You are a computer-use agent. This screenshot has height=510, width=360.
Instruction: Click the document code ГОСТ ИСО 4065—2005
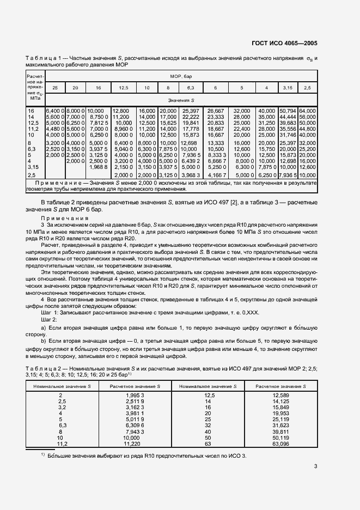[290, 42]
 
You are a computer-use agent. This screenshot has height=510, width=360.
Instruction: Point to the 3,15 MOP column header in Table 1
[286, 87]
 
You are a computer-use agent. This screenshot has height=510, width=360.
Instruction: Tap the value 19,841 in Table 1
[192, 123]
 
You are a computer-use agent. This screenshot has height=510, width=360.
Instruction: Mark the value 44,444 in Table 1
[288, 117]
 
